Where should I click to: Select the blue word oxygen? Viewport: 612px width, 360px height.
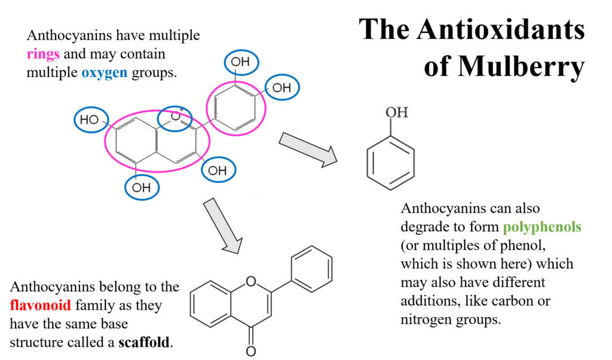[x=104, y=73]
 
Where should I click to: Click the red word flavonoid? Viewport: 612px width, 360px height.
[x=40, y=305]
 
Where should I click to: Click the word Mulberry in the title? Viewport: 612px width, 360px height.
[x=504, y=66]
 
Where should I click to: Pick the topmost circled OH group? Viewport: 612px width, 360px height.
[x=241, y=62]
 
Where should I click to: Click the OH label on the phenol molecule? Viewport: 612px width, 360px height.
[x=397, y=112]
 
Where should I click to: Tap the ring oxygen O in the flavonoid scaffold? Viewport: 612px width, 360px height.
[x=252, y=281]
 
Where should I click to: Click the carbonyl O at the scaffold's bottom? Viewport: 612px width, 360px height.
[x=251, y=351]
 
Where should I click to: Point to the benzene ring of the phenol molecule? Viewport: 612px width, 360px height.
[x=390, y=163]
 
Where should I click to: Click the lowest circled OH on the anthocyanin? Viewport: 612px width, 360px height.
[x=142, y=188]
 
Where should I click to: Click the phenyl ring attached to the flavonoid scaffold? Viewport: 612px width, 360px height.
[x=312, y=269]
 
